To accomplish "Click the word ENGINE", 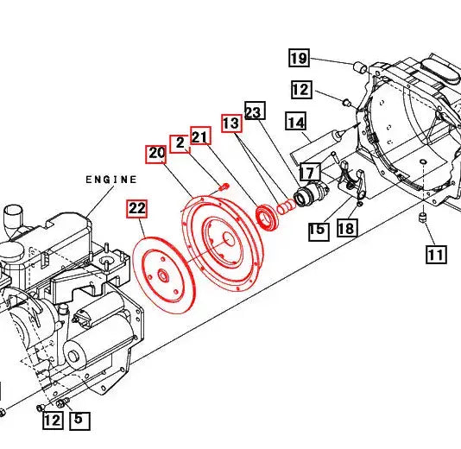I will pyautogui.click(x=111, y=180).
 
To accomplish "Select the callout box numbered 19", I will pyautogui.click(x=299, y=59).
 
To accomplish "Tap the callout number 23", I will pyautogui.click(x=254, y=111).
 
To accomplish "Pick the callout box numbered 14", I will pyautogui.click(x=296, y=123).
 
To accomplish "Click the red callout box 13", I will pyautogui.click(x=231, y=123).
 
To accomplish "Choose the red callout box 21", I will pyautogui.click(x=200, y=136).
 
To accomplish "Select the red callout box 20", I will pyautogui.click(x=156, y=155).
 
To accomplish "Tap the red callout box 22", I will pyautogui.click(x=137, y=208).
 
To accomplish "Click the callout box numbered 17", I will pyautogui.click(x=309, y=173).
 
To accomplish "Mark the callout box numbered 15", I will pyautogui.click(x=317, y=231).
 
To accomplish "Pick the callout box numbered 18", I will pyautogui.click(x=346, y=229).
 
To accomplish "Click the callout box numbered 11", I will pyautogui.click(x=435, y=254).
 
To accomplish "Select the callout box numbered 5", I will pyautogui.click(x=79, y=421).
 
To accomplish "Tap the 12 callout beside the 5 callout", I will pyautogui.click(x=53, y=421).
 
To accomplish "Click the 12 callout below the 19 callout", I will pyautogui.click(x=300, y=89).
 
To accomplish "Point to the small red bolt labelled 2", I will pyautogui.click(x=223, y=185).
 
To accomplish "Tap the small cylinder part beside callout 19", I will pyautogui.click(x=355, y=66).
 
